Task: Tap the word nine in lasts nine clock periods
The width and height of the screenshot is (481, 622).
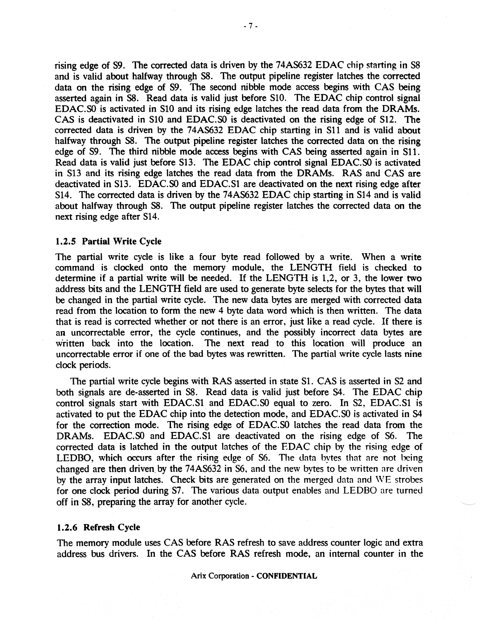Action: (x=413, y=354)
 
